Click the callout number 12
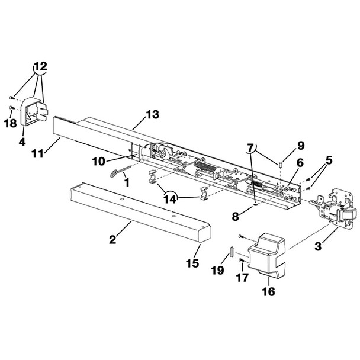pos(40,66)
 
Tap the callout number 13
pos(153,114)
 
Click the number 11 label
pos(38,154)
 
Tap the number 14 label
pos(171,200)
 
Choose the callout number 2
pos(112,240)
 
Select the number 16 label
pos(269,291)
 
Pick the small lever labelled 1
pos(118,171)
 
